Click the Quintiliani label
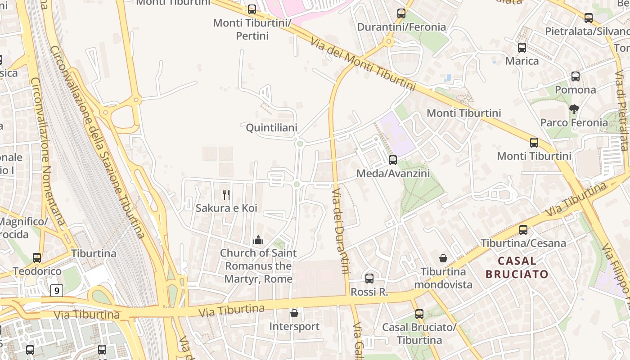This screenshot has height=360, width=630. coord(271,128)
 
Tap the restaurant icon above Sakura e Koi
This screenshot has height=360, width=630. coord(226,195)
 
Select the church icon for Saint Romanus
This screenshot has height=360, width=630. coord(258,239)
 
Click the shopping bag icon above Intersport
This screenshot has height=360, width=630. coord(294,313)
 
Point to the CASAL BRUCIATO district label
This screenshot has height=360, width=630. coord(517,267)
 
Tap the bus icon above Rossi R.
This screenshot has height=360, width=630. coord(369,279)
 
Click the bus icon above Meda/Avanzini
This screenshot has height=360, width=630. coord(393,160)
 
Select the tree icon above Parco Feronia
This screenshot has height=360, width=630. coord(574,109)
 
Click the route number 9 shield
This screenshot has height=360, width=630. coord(56,291)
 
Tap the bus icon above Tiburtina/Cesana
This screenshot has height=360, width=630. coord(523,230)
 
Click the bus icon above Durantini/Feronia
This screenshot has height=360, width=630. coord(401,13)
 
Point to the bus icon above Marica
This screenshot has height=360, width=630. coord(522,47)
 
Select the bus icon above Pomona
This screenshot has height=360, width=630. coord(576,76)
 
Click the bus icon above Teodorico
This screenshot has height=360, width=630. coord(37,258)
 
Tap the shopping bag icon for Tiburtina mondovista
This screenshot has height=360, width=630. coord(443,258)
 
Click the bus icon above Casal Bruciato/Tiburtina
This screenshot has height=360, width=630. coord(419,314)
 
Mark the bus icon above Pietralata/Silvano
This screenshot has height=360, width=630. coord(589,18)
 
